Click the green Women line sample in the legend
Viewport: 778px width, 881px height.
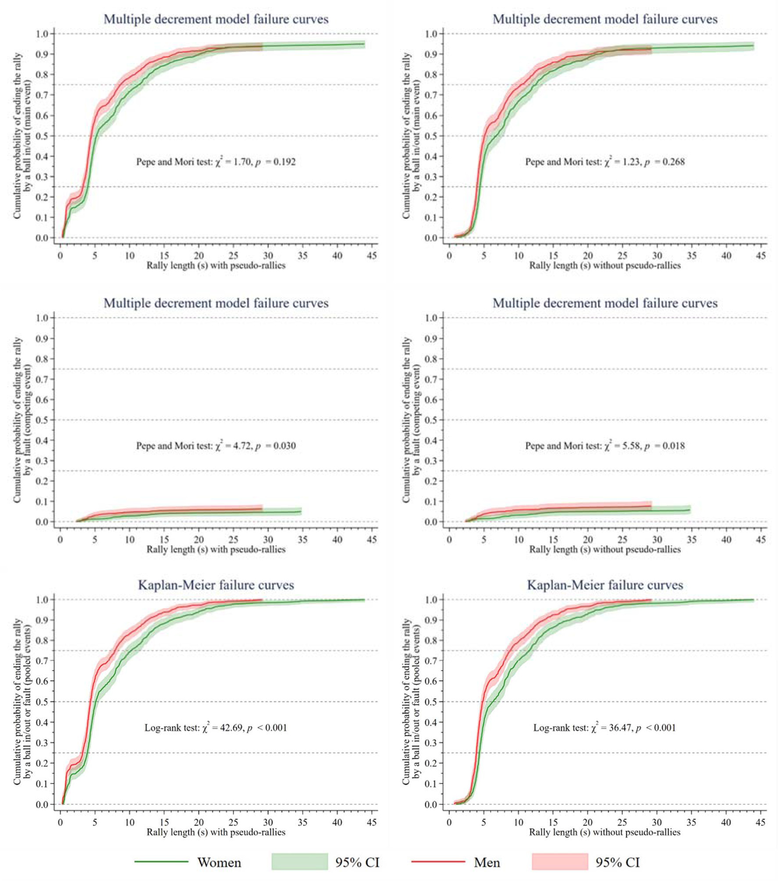[x=161, y=861]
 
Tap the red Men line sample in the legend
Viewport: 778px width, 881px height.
[x=438, y=861]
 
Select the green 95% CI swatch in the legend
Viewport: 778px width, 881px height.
[x=299, y=861]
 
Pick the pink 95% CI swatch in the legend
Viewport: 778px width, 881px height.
[x=559, y=861]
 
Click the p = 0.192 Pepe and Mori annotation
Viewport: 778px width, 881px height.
[x=216, y=162]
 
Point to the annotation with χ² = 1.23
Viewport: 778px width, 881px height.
[x=605, y=162]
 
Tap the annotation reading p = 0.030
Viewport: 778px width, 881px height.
[x=216, y=446]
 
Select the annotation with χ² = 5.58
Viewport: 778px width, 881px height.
[x=605, y=446]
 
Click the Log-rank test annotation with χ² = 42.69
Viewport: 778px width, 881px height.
[x=216, y=728]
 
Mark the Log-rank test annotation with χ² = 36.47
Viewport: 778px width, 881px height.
[x=604, y=728]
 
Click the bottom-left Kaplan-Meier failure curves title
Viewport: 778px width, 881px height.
[x=216, y=585]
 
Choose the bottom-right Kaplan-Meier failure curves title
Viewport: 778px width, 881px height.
[x=605, y=585]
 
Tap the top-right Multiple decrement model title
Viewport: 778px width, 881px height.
[x=605, y=19]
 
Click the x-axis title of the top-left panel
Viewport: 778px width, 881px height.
[x=216, y=265]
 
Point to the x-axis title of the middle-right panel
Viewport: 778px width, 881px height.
[x=605, y=549]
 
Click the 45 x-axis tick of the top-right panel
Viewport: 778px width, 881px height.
[x=761, y=256]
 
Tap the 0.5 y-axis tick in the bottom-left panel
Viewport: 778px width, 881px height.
[x=42, y=702]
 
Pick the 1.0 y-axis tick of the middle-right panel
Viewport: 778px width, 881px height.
[x=431, y=318]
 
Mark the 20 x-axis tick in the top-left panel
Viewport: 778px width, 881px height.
[x=199, y=256]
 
